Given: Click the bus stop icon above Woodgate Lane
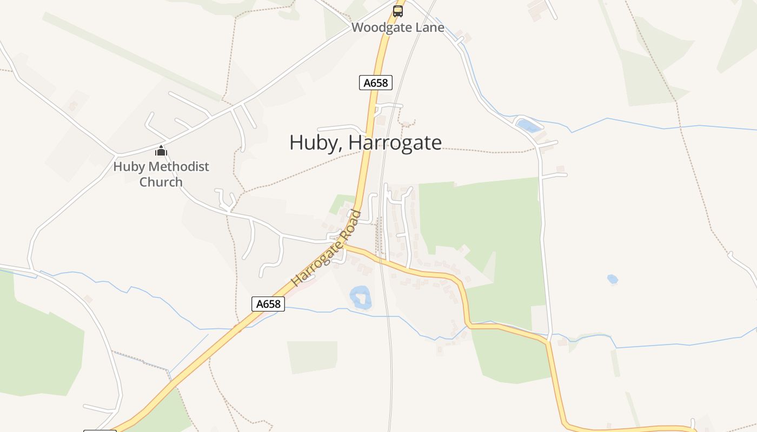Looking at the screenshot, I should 398,11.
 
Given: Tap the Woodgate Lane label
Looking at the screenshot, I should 398,27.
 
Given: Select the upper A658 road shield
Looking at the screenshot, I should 376,83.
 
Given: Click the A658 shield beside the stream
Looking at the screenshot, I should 268,304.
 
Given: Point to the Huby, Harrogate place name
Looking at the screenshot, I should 366,143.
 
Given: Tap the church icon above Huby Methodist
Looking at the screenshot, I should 161,151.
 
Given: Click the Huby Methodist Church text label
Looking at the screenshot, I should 161,174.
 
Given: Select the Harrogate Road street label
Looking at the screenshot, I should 327,249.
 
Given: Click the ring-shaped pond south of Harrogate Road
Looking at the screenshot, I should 360,298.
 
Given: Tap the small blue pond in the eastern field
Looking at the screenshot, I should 612,279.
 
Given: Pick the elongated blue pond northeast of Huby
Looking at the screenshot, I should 528,126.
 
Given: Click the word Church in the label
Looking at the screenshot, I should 161,182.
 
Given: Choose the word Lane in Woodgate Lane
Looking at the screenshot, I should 430,27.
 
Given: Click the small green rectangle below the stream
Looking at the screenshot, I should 313,356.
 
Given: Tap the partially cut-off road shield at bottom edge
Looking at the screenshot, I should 100,430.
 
